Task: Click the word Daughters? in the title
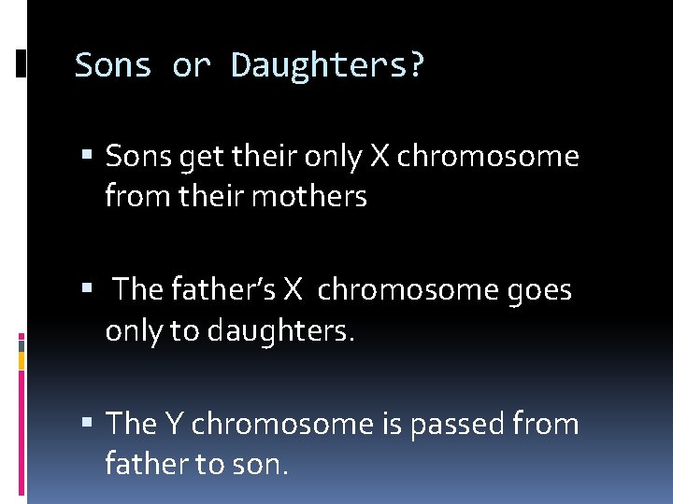pyautogui.click(x=328, y=65)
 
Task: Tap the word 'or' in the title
pyautogui.click(x=192, y=65)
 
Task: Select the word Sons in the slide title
pyautogui.click(x=113, y=65)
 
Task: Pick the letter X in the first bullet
pyautogui.click(x=379, y=156)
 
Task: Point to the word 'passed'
pyautogui.click(x=459, y=424)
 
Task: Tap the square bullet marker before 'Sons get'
pyautogui.click(x=86, y=157)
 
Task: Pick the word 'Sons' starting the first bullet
pyautogui.click(x=135, y=156)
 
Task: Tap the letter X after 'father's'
pyautogui.click(x=294, y=290)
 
